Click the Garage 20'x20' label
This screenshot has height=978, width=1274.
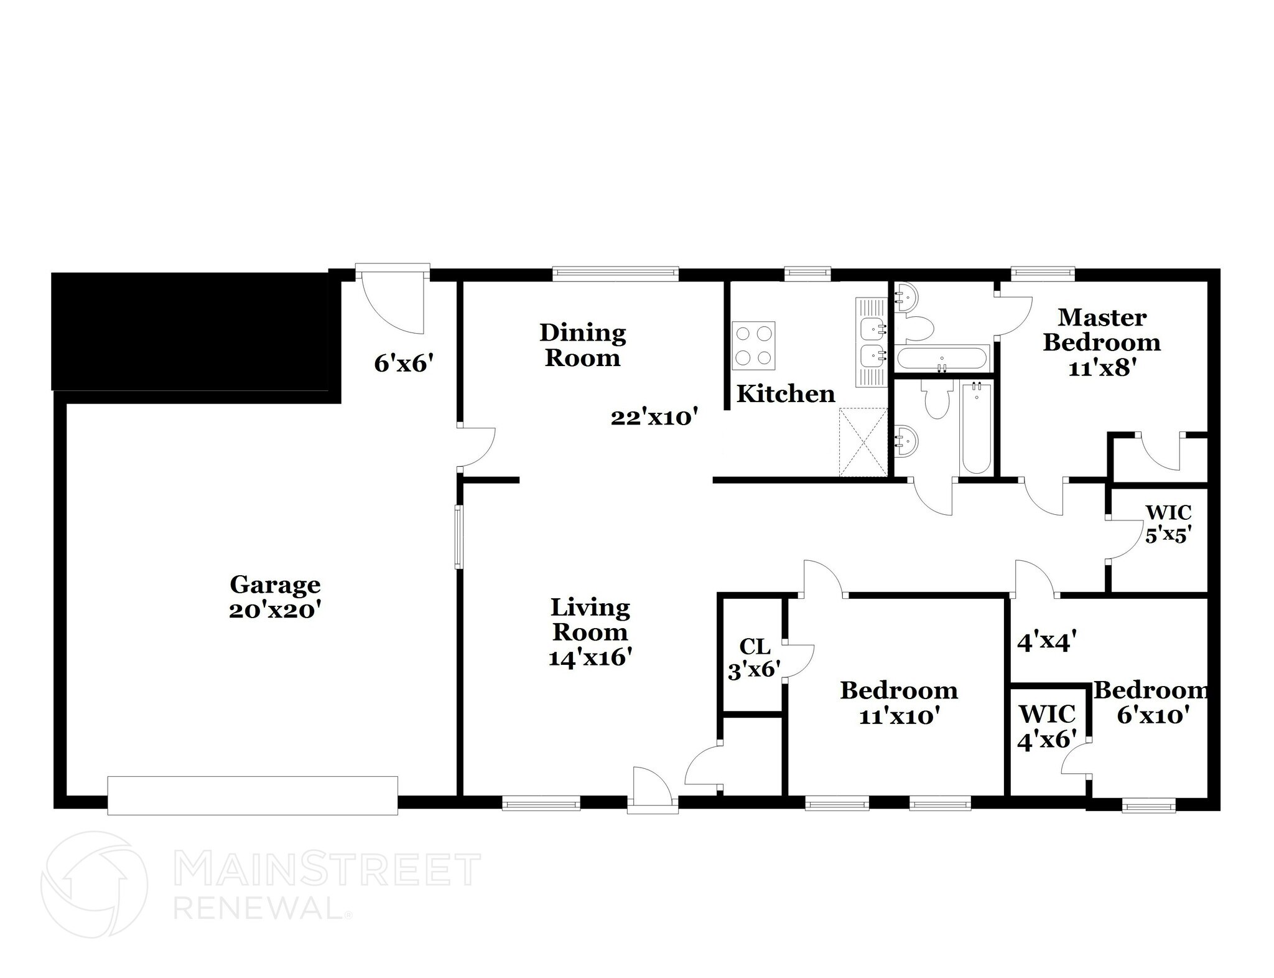coord(274,597)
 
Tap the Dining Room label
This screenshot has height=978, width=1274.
coord(582,345)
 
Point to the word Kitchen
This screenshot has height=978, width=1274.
coord(786,394)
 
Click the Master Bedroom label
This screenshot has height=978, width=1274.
coord(1102,342)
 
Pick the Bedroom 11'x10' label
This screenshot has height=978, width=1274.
coord(898,703)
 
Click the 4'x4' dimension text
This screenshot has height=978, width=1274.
coord(1046,642)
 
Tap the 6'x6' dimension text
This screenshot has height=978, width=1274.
coord(403,364)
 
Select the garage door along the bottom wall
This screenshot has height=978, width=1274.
coord(253,795)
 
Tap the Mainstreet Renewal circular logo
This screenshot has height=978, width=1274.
coord(94,883)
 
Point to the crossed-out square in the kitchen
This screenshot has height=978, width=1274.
coord(863,442)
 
